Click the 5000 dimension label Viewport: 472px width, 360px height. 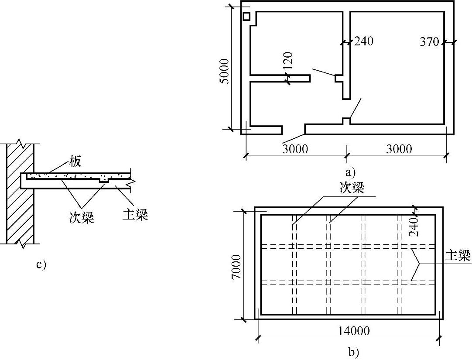coord(224,71)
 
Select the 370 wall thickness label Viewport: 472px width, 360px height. coord(430,42)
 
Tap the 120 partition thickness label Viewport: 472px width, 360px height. coord(288,62)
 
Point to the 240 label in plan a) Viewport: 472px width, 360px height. coord(364,41)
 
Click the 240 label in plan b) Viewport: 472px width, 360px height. coord(414,227)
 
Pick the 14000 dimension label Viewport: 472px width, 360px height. coord(353,331)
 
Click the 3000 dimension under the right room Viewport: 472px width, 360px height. coord(399,149)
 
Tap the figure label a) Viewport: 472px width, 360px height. coord(350,172)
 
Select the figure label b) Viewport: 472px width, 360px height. coord(353,352)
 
